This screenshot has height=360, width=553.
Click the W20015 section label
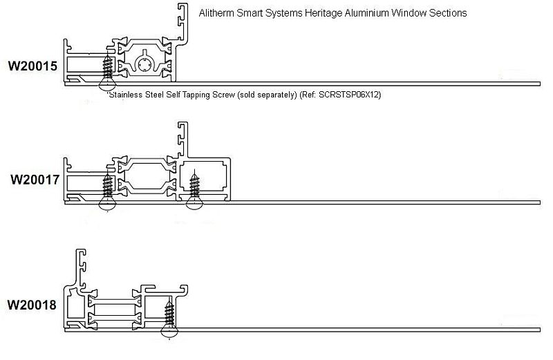click(x=32, y=67)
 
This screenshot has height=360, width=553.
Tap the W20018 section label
click(x=32, y=305)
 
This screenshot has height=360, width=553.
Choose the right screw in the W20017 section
click(x=193, y=191)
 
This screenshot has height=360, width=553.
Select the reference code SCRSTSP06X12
click(x=350, y=95)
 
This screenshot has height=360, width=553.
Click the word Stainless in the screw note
click(x=127, y=95)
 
